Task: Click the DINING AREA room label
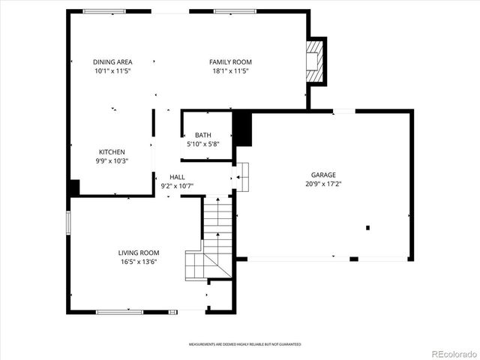pos(112,61)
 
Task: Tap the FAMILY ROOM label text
pos(230,61)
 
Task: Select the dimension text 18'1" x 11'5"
pos(230,70)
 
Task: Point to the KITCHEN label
pos(112,151)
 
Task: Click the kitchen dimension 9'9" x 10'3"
pos(112,160)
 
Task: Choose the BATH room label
pos(202,135)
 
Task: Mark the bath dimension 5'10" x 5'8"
pos(202,144)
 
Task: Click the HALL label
pos(177,177)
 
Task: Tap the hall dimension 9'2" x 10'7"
pos(177,186)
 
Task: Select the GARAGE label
pos(324,175)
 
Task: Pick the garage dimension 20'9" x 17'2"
pos(324,184)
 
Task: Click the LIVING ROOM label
pos(138,253)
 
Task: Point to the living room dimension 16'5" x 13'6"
pos(138,262)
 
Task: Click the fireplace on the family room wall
pos(316,61)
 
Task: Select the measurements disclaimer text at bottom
pos(244,343)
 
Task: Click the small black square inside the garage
pos(367,227)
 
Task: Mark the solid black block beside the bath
pos(243,129)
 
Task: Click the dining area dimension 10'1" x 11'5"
pos(112,70)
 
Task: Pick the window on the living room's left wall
pos(68,223)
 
